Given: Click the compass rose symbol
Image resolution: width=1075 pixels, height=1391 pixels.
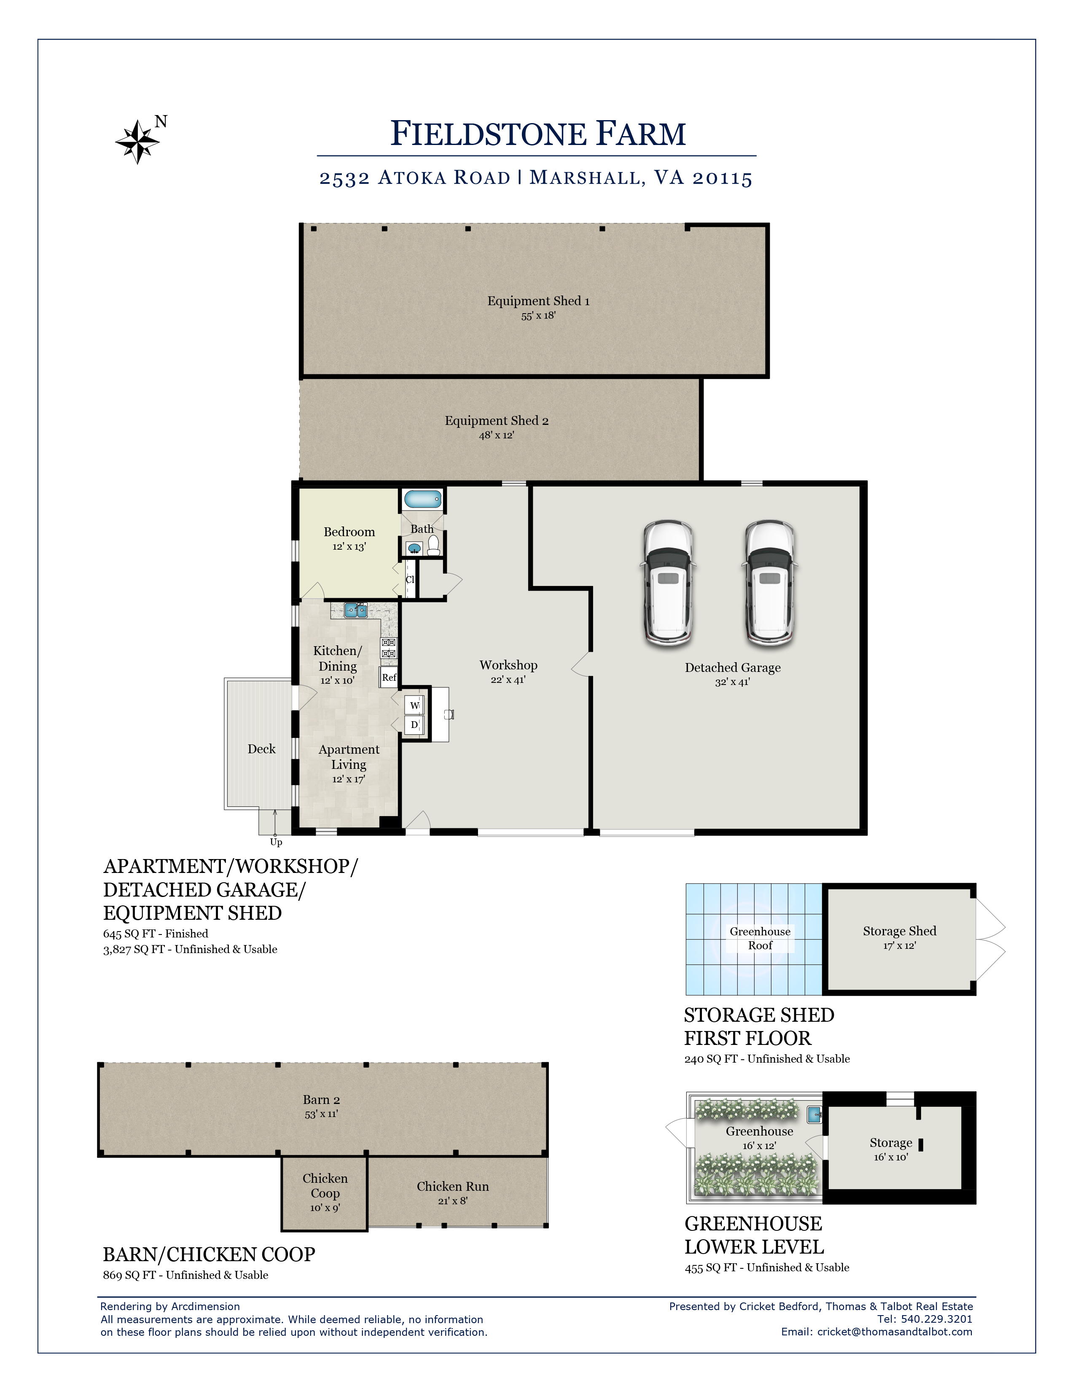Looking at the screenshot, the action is [x=137, y=141].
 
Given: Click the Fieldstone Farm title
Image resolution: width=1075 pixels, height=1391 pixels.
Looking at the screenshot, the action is [x=538, y=134].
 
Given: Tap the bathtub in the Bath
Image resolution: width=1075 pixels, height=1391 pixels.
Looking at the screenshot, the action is [x=422, y=499].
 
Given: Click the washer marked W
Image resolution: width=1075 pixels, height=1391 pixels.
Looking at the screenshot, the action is [x=414, y=705].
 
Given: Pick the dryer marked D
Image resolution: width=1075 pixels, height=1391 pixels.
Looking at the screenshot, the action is [x=414, y=725].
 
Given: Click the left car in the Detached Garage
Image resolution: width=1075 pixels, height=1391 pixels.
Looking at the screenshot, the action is [x=668, y=581].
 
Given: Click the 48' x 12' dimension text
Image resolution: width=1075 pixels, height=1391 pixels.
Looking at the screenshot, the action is [x=496, y=436].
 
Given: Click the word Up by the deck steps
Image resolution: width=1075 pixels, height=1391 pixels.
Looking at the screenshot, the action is [x=276, y=842].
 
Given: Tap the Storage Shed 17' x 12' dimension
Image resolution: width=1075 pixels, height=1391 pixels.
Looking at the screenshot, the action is [x=899, y=946].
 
